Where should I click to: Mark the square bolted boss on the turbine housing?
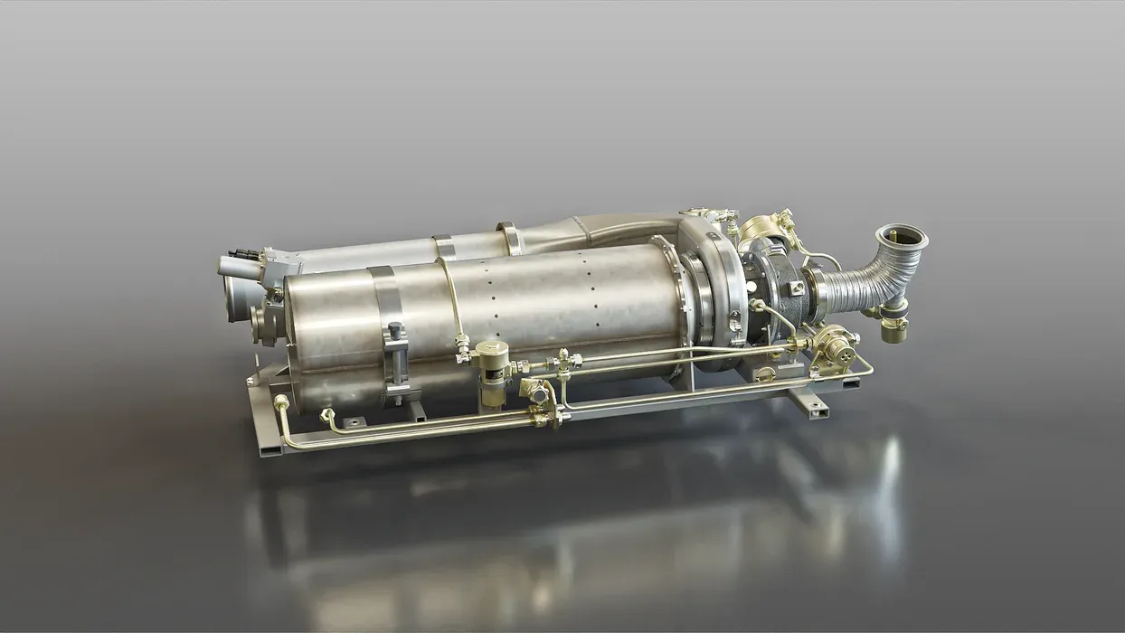(795, 288)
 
